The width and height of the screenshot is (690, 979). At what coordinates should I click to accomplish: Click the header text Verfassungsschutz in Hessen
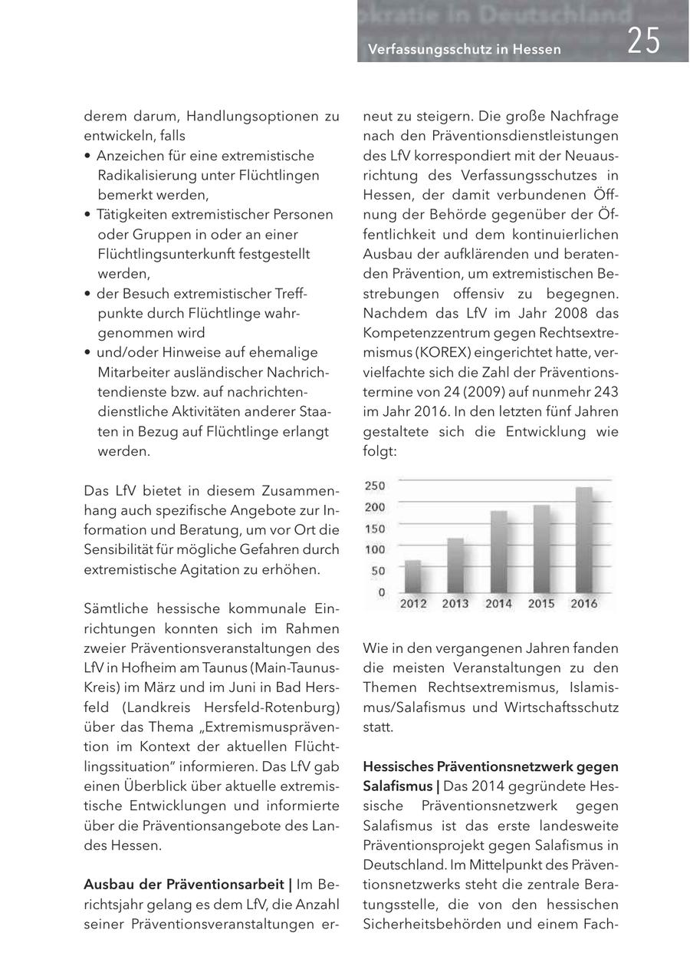(465, 49)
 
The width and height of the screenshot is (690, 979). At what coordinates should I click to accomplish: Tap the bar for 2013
(455, 565)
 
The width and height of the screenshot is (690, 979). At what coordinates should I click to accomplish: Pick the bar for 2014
(498, 551)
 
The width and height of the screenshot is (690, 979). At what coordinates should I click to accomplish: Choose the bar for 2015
(541, 548)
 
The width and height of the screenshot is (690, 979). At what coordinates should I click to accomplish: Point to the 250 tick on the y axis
(375, 486)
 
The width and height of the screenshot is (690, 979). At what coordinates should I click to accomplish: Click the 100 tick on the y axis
(375, 549)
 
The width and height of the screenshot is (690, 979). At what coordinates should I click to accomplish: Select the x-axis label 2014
(498, 605)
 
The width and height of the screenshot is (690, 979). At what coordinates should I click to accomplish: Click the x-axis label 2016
(583, 605)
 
